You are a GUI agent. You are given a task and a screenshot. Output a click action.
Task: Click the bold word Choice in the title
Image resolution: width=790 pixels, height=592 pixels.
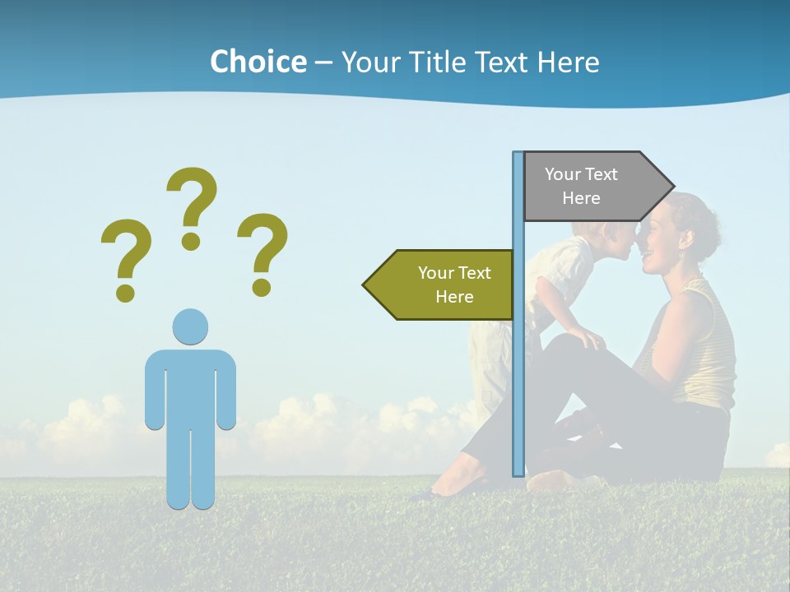click(x=258, y=62)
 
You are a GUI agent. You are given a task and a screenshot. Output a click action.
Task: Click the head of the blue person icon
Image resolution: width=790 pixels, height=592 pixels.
click(x=190, y=326)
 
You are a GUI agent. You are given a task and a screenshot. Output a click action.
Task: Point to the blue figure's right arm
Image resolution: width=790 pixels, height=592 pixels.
click(x=225, y=391)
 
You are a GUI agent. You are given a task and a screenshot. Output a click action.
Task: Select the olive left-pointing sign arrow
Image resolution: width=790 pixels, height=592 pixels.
click(x=444, y=284)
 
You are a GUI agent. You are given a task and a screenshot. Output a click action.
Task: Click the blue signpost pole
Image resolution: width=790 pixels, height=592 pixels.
click(x=518, y=370)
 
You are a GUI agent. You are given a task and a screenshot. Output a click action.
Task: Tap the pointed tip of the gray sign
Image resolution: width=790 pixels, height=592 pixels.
click(x=671, y=186)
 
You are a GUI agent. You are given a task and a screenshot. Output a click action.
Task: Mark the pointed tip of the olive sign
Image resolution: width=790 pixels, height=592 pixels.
click(x=366, y=284)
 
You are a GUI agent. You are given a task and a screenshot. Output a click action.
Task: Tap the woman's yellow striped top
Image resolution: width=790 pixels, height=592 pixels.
click(x=708, y=345)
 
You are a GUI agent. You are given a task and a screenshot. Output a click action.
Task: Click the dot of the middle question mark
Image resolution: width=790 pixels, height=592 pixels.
click(x=191, y=241)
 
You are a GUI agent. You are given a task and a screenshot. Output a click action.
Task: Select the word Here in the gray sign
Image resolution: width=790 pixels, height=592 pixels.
click(x=581, y=198)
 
